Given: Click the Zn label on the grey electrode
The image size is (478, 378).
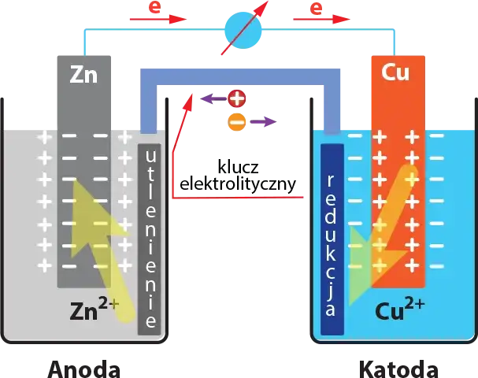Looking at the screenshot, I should [x=83, y=75].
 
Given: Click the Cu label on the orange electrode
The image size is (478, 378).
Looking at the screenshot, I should [x=395, y=73].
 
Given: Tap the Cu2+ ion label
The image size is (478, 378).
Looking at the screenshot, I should [x=400, y=309].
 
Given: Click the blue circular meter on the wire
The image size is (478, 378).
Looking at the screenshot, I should [x=243, y=30].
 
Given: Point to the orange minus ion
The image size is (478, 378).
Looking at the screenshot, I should [x=235, y=121].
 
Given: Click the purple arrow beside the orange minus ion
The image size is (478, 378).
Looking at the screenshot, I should [x=264, y=121].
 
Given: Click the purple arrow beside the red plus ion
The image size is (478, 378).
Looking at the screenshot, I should [x=209, y=99].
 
